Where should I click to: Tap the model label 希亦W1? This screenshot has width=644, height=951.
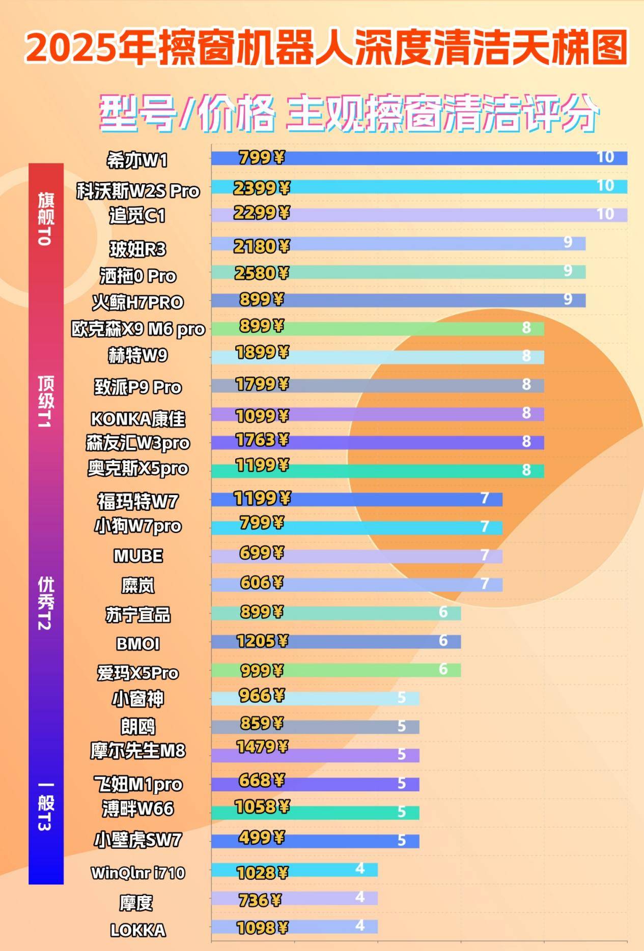[137, 161]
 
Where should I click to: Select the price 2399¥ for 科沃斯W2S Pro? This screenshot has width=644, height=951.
[261, 188]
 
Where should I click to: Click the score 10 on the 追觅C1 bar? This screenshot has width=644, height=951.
[605, 214]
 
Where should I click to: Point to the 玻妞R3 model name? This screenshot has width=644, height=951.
[138, 249]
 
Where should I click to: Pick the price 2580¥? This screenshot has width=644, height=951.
[261, 273]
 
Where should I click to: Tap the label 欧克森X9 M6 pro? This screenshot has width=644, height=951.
[138, 329]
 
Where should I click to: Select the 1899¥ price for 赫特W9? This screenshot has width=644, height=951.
[262, 352]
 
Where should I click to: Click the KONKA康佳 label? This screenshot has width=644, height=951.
[138, 419]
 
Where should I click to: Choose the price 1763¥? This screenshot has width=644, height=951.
[262, 440]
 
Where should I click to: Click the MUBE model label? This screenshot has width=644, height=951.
[138, 556]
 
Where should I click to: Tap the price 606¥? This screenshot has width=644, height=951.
[261, 583]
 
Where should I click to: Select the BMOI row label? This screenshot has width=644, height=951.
[138, 644]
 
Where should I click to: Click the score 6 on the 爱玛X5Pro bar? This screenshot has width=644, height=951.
[443, 669]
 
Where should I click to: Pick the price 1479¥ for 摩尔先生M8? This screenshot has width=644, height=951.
[262, 746]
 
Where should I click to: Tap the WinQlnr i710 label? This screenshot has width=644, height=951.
[138, 873]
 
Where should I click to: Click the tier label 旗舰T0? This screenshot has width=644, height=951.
[45, 219]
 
